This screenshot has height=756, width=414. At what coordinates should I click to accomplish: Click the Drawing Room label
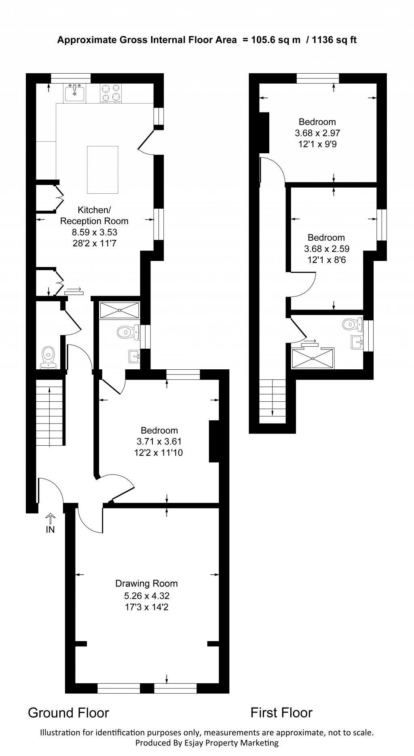click(146, 583)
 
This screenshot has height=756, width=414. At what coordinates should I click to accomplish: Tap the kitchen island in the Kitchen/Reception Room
click(103, 170)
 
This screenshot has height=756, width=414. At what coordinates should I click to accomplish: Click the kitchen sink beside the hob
click(74, 93)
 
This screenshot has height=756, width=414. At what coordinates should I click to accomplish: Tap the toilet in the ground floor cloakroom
click(49, 356)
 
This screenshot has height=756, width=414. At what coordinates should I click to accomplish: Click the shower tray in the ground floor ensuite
click(119, 310)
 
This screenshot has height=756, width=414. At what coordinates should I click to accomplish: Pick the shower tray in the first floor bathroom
click(313, 358)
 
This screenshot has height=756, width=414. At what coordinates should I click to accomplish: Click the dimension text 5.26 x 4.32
click(146, 595)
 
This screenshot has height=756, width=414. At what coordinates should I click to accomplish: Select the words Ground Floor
click(68, 713)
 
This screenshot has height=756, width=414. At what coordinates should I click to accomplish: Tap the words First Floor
click(281, 712)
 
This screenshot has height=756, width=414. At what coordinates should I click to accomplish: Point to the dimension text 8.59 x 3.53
click(95, 232)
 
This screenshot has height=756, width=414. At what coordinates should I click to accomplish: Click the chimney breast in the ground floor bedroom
click(213, 441)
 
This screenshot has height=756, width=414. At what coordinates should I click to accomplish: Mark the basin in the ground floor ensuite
click(134, 357)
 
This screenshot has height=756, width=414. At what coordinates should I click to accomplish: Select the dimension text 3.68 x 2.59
click(326, 249)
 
